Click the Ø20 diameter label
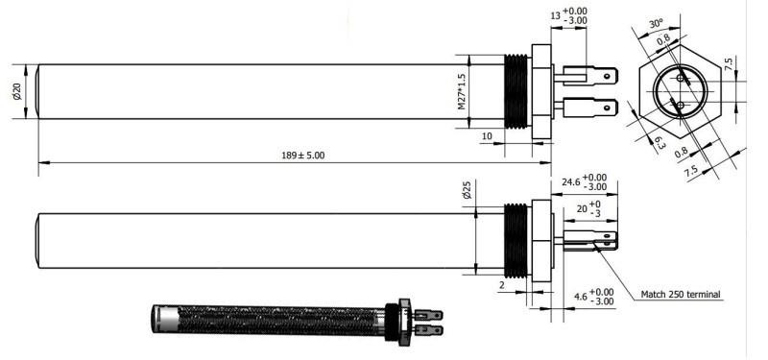[x=17, y=91]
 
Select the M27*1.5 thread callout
[x=462, y=91]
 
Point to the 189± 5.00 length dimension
[x=302, y=156]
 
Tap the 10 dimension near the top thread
[x=487, y=136]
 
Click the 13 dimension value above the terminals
[x=555, y=16]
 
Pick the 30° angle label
[x=656, y=24]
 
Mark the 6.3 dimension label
[x=660, y=143]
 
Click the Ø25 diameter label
[x=467, y=189]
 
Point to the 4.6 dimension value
[x=581, y=297]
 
